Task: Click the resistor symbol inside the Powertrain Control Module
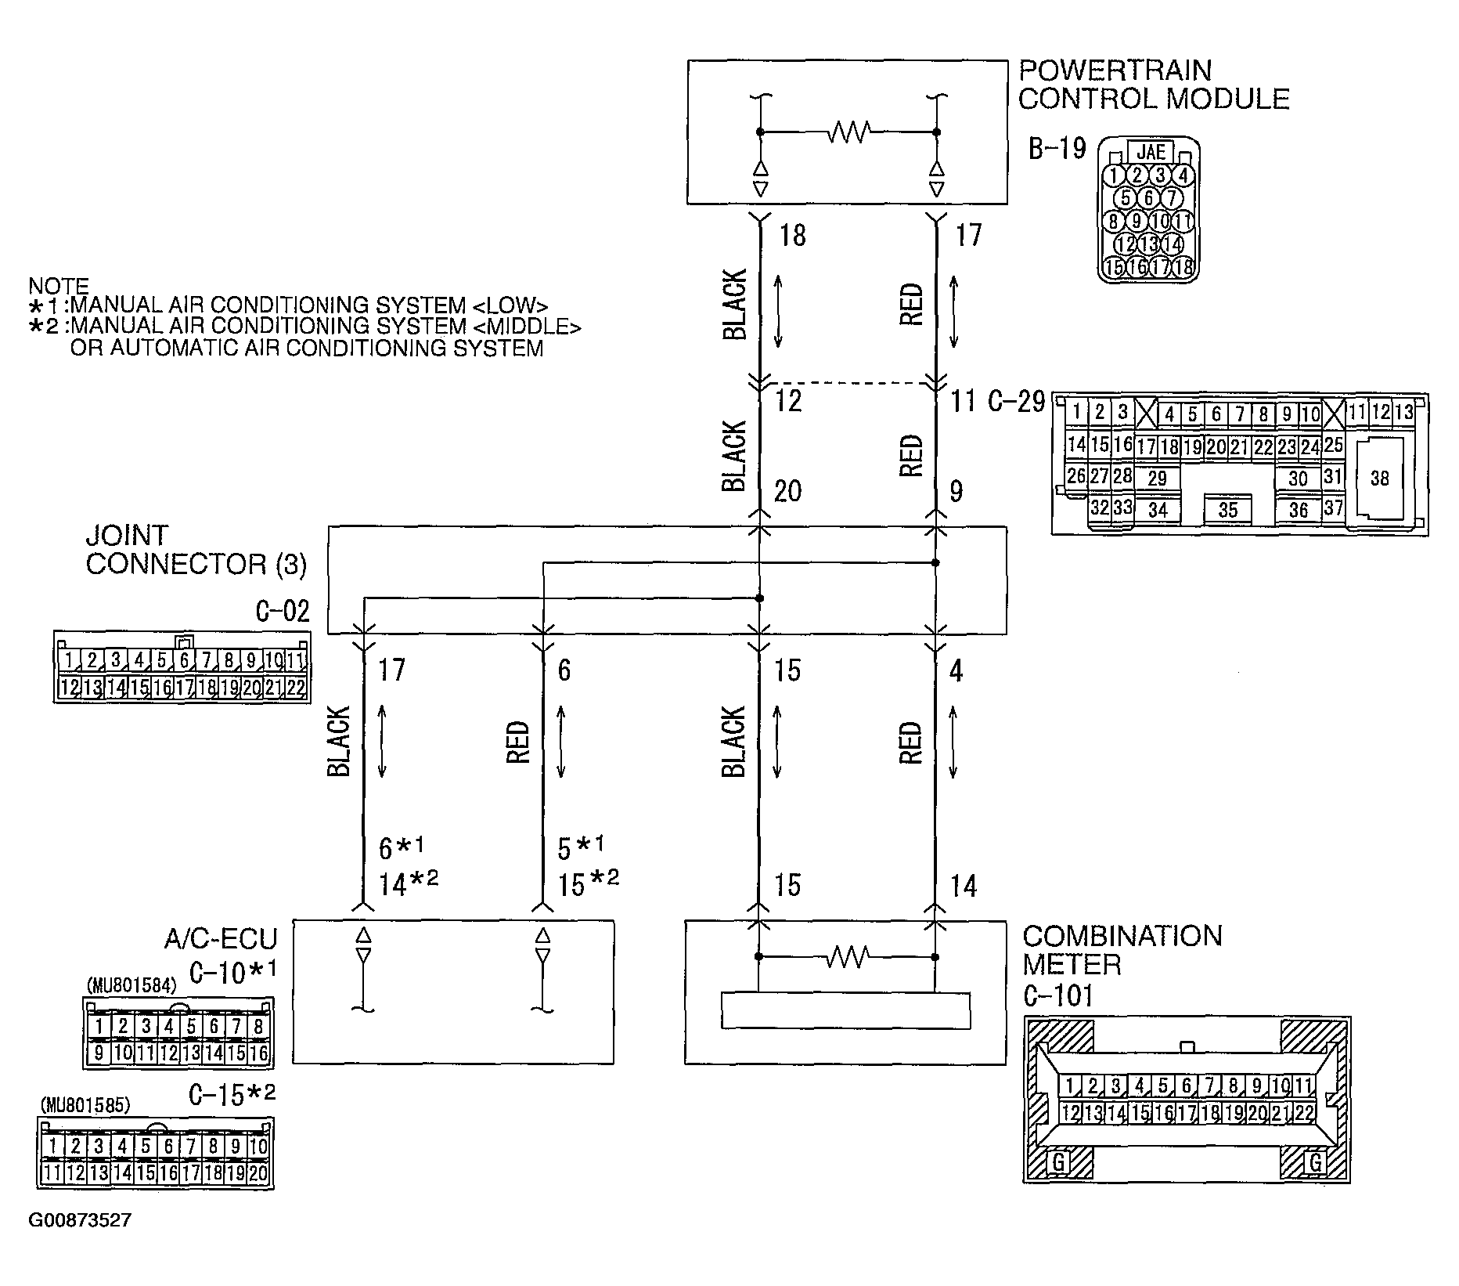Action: point(848,132)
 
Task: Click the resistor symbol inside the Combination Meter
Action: point(848,956)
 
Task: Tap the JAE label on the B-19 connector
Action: point(1150,152)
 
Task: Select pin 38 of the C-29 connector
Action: point(1379,478)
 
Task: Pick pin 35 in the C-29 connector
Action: point(1227,510)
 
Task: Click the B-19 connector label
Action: point(1057,149)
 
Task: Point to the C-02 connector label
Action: point(283,611)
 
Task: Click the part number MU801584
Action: point(132,985)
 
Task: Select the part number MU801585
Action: point(86,1105)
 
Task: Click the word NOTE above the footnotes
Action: point(59,286)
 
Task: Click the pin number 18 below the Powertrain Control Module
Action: point(792,235)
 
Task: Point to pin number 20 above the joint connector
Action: point(787,492)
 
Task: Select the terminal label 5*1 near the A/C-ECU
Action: point(581,847)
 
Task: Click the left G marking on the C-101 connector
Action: point(1058,1162)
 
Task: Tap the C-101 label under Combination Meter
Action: point(1058,995)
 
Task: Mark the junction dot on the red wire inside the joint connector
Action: point(936,562)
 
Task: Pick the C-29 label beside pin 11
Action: point(1016,401)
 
